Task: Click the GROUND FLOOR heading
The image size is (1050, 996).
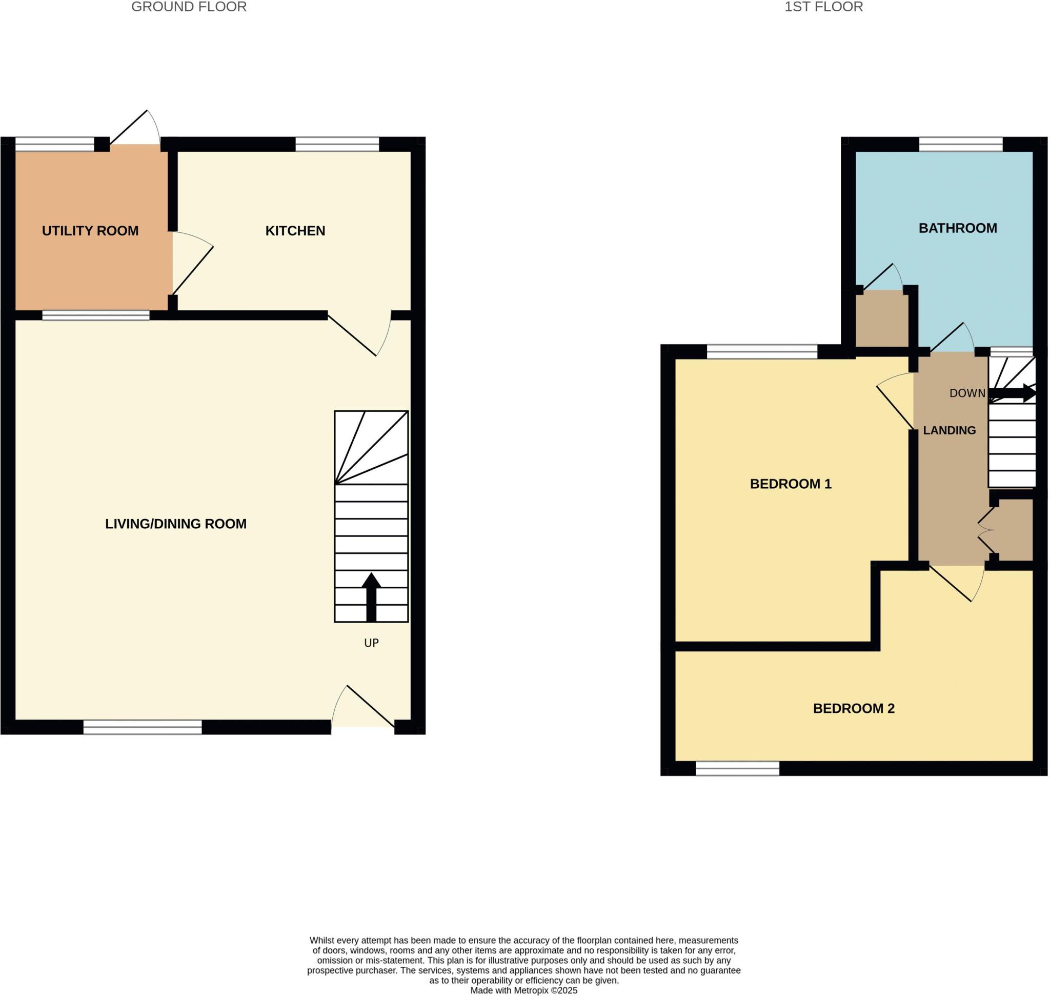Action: coord(189,7)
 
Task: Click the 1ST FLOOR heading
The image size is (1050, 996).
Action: coord(823,7)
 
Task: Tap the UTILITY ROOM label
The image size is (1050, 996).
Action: coord(90,231)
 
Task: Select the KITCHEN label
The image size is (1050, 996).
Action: coord(295,231)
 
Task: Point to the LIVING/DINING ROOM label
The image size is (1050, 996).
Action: coord(176,524)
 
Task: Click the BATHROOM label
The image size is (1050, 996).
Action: coord(958,228)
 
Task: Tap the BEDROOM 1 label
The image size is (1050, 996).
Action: coord(791,484)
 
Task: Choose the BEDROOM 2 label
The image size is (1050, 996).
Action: coord(854,708)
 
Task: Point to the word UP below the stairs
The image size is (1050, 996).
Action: coord(372,643)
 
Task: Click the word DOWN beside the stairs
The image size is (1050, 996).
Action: coord(967,393)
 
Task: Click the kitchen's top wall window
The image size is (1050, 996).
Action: coord(337,144)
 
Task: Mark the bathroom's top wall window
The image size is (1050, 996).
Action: coord(961,144)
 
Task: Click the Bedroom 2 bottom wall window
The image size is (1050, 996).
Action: coord(737,768)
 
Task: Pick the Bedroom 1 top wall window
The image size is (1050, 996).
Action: coord(762,351)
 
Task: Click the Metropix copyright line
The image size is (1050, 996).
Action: coord(523,990)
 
